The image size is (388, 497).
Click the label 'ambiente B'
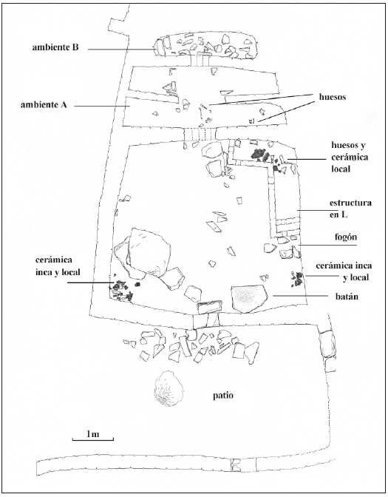(x=55, y=47)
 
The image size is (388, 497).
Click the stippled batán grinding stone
(x=248, y=297)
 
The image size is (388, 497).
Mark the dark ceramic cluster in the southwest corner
(x=121, y=290)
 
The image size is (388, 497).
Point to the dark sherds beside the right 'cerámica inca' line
(x=299, y=279)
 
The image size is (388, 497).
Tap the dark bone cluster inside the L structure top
(x=259, y=155)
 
